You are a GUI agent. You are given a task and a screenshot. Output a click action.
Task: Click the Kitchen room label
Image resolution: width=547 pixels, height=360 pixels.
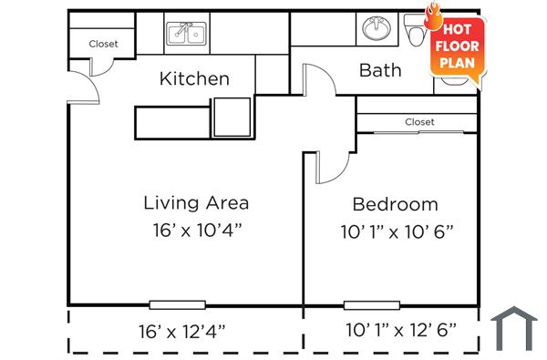coord(194,78)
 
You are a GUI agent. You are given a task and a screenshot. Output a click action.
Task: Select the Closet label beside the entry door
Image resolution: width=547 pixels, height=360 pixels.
coord(103,44)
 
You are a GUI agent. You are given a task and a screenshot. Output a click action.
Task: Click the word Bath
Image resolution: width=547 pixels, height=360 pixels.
coord(380,70)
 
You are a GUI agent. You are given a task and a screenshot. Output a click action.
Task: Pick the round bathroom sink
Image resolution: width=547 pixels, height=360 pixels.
coord(374,29)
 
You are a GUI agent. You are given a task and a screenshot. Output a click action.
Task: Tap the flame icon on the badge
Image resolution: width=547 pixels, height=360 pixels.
coord(433,17)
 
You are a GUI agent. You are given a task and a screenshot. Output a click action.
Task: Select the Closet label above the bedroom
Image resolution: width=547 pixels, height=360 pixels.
coord(419,122)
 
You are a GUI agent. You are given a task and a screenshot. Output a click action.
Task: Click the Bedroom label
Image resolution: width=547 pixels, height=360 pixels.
coord(395,204)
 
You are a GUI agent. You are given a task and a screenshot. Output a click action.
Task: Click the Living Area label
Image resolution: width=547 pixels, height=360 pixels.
coord(196,202)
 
